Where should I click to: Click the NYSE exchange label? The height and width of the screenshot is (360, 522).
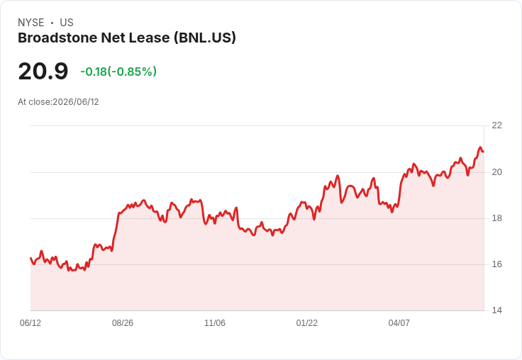[x=31, y=23]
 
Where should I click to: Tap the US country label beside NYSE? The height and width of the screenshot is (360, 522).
[x=67, y=23]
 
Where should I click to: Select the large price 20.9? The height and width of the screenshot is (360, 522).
[x=43, y=71]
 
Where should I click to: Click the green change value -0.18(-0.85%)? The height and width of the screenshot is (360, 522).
[x=118, y=72]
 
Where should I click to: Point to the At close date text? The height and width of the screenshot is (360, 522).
[x=58, y=102]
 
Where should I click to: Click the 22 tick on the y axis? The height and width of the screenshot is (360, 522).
[x=497, y=125]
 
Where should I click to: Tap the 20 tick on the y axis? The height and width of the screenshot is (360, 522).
[x=497, y=172]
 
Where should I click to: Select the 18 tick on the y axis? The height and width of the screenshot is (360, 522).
[x=497, y=218]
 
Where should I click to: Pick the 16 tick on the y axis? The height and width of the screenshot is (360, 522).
[x=497, y=264]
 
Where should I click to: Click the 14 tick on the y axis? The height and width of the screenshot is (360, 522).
[x=497, y=310]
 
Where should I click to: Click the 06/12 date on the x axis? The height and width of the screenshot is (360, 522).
[x=30, y=323]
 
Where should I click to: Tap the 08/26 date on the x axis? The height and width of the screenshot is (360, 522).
[x=123, y=323]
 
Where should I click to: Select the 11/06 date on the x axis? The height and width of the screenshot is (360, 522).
[x=215, y=323]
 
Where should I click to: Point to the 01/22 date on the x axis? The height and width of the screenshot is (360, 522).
[x=307, y=323]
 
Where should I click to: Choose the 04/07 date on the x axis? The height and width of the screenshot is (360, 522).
[x=399, y=323]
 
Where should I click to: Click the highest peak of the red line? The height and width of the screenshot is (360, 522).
[x=480, y=147]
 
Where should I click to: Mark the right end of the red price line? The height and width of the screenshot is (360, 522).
[x=484, y=152]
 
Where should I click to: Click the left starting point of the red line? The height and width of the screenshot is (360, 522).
[x=30, y=258]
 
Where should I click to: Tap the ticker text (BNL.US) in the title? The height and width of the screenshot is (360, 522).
[x=205, y=38]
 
